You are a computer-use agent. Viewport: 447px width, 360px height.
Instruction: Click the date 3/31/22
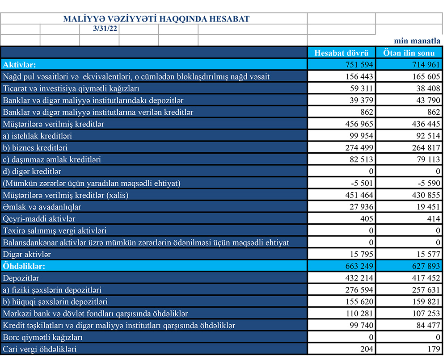point(99,29)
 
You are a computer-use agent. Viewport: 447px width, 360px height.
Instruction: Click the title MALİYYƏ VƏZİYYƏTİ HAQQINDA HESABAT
point(156,19)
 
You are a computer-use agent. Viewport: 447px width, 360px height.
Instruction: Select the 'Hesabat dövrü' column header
point(341,52)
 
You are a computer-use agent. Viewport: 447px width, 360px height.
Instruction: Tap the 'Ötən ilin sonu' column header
point(409,52)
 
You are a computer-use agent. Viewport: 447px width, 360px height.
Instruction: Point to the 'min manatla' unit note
point(417,41)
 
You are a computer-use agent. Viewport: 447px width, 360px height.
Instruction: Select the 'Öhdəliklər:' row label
point(24,266)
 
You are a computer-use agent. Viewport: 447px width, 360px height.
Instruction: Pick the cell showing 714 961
point(426,64)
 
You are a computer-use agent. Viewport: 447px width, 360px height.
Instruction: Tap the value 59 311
point(361,88)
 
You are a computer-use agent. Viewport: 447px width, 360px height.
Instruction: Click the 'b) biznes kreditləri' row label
point(35,148)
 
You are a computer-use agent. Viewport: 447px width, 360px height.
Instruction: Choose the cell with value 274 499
point(358,148)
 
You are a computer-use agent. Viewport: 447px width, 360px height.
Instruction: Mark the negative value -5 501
point(361,183)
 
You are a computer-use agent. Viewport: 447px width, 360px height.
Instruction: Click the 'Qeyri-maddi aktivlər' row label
point(39,219)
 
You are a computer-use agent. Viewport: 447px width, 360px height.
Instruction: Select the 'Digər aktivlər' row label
point(27,255)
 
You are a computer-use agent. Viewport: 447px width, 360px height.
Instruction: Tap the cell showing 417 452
point(426,278)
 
